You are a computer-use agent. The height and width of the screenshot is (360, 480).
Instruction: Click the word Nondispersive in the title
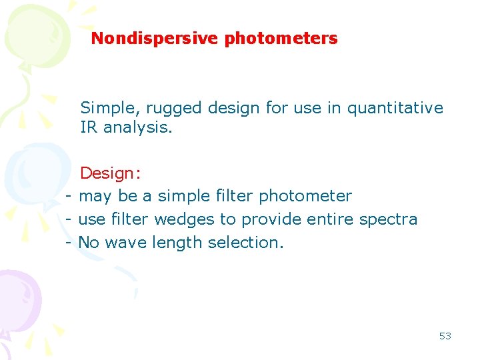pos(155,39)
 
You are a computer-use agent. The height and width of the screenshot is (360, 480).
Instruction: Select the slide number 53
pos(445,336)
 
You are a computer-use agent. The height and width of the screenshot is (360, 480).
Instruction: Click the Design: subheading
pos(110,173)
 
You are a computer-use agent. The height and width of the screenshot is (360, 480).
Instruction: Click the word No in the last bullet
pos(89,242)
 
